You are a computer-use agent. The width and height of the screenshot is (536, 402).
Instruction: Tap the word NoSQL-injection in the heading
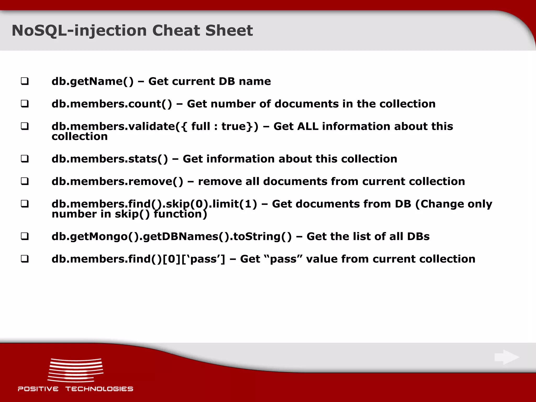click(x=79, y=31)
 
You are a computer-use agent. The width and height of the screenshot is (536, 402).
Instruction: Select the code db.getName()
click(x=92, y=81)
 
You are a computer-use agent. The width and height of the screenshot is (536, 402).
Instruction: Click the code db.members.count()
click(x=112, y=104)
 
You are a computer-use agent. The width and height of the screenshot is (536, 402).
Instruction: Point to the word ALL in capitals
click(x=307, y=126)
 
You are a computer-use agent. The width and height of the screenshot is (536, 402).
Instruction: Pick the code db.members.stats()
click(x=110, y=159)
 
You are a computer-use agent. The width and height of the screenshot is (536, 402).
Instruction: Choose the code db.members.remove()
click(x=117, y=181)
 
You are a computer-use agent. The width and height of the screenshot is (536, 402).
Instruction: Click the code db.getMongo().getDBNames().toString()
click(x=171, y=236)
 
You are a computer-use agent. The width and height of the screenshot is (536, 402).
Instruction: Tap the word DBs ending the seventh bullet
click(x=418, y=236)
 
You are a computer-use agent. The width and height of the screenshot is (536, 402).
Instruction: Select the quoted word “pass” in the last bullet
click(x=283, y=259)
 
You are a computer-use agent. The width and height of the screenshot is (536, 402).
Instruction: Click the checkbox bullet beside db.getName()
click(x=25, y=81)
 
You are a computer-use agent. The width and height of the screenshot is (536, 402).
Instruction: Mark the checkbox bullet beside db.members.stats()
click(x=25, y=159)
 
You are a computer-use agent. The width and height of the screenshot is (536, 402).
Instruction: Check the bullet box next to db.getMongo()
click(x=25, y=236)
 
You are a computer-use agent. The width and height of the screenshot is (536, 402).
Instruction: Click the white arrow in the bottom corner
click(x=507, y=357)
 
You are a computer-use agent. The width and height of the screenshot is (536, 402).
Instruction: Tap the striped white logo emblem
click(x=75, y=370)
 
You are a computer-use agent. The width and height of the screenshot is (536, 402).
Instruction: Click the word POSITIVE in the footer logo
click(x=38, y=389)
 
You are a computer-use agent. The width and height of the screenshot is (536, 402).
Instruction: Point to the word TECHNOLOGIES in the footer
click(x=99, y=389)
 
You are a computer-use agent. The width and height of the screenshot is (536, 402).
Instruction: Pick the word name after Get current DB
click(x=255, y=81)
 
